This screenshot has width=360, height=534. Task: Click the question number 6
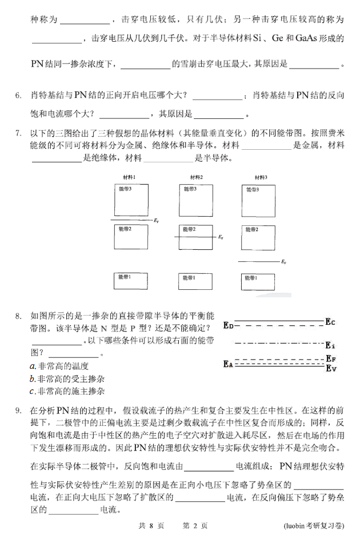tap(18, 94)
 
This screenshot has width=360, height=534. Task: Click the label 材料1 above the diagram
tap(129, 177)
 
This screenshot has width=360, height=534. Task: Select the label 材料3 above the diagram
tap(260, 177)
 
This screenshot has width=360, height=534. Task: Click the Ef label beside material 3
tap(284, 262)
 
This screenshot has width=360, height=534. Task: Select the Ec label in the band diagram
tap(330, 322)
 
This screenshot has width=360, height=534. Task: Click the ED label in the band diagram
tap(228, 326)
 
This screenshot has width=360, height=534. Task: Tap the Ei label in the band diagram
tap(330, 345)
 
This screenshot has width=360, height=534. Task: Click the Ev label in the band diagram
tap(330, 368)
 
